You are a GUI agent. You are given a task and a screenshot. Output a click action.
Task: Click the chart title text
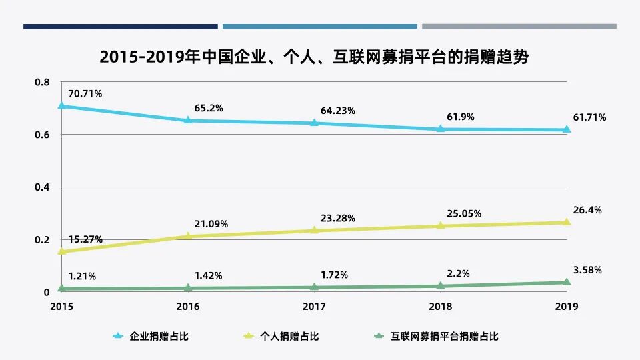click(x=314, y=57)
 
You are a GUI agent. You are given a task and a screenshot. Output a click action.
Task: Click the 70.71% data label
click(x=85, y=94)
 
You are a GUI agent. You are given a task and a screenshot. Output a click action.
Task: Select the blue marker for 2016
click(x=188, y=120)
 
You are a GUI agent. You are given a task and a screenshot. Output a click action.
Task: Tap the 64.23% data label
click(x=337, y=111)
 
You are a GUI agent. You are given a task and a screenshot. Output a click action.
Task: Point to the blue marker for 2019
click(x=567, y=129)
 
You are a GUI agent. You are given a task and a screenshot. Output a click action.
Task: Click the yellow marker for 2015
click(x=62, y=251)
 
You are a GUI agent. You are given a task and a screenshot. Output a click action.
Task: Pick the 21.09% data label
click(x=211, y=224)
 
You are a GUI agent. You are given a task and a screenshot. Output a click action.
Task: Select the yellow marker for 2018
click(x=441, y=225)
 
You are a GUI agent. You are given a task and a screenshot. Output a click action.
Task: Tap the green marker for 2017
click(x=315, y=287)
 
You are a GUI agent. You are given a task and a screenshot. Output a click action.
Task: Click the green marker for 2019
click(x=567, y=282)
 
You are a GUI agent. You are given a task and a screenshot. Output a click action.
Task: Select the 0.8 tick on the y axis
click(x=42, y=82)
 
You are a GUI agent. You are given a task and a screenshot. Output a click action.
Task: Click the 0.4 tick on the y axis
click(x=42, y=187)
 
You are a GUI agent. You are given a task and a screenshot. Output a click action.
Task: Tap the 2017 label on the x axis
click(x=315, y=307)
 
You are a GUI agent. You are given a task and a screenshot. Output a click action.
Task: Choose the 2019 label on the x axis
click(x=567, y=307)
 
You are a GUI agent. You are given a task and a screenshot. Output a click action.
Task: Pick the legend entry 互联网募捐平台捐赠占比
click(x=444, y=337)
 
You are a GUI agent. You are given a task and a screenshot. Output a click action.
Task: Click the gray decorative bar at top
click(x=519, y=27)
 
